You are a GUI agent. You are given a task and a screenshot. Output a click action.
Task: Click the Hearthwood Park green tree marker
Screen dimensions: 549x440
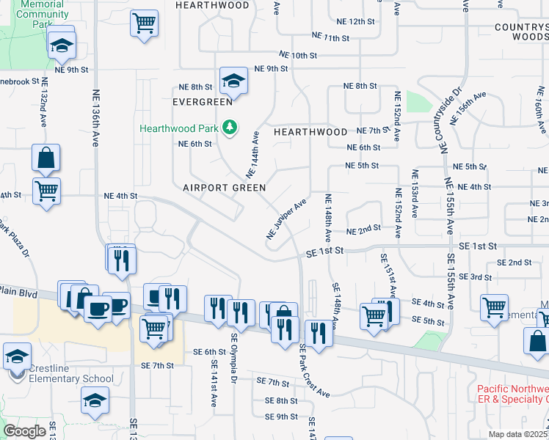click(230, 128)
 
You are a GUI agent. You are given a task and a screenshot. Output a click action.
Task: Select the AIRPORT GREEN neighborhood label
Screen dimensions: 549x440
click(224, 188)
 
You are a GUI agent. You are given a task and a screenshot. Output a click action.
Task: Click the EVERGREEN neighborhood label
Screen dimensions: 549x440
click(197, 102)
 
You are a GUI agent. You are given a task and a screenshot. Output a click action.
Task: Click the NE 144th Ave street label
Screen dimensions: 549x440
click(253, 155)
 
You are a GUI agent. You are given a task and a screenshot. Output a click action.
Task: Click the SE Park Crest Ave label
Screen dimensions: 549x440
click(313, 371)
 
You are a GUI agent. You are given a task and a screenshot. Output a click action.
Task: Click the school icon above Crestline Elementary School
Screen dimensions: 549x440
click(17, 356)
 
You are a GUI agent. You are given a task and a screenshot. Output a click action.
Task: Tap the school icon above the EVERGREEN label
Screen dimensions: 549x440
click(233, 80)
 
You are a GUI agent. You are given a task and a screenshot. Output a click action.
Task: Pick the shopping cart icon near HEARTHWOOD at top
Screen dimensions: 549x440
click(145, 22)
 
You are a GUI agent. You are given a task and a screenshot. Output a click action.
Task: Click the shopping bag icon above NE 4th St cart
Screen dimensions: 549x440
click(46, 158)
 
